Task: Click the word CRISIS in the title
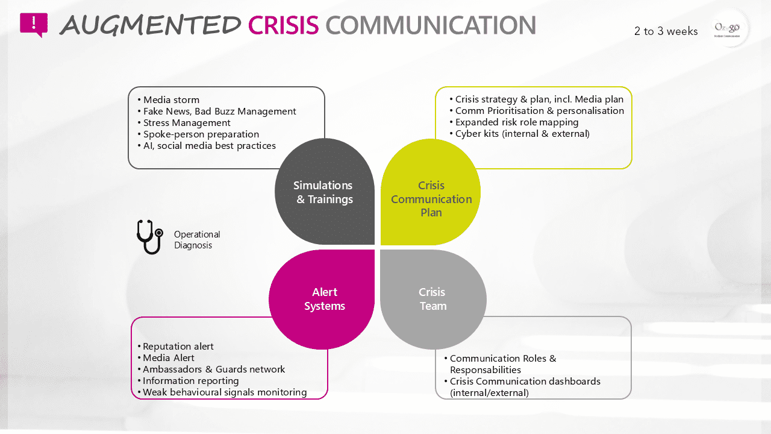[283, 25]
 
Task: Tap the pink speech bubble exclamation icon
[34, 25]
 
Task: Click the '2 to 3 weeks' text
[666, 31]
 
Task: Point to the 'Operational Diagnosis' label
[197, 240]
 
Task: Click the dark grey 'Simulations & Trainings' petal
[324, 192]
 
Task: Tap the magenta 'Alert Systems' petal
[324, 299]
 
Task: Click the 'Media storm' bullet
[171, 100]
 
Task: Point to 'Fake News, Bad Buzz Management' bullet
[219, 112]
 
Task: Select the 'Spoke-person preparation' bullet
[201, 134]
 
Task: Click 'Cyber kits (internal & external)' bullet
[522, 134]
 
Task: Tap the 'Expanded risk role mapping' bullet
[517, 122]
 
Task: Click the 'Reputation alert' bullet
[178, 347]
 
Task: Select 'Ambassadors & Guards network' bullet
[213, 370]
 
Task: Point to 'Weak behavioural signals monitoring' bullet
[224, 392]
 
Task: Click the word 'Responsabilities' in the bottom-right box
[485, 370]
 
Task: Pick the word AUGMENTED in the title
[151, 25]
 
